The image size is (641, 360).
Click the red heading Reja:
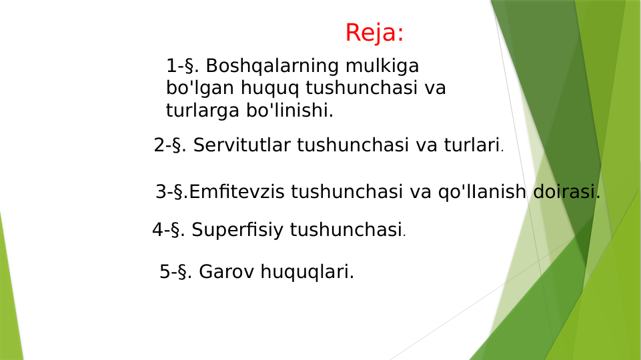click(x=375, y=33)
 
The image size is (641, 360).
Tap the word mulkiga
click(x=382, y=66)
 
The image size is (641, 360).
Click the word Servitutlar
click(x=242, y=145)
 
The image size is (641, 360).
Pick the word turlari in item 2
click(x=472, y=145)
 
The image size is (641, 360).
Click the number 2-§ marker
click(x=169, y=145)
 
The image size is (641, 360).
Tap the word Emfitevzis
click(x=237, y=192)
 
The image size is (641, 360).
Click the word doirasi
click(x=566, y=192)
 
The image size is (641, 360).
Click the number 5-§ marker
click(x=175, y=272)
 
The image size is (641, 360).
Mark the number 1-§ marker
click(x=181, y=66)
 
